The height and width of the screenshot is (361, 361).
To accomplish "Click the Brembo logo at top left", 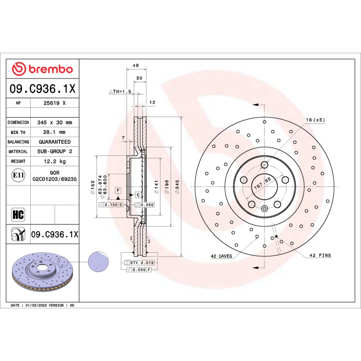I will pos(42,69).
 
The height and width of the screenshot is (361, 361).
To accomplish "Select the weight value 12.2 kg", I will pos(55,161).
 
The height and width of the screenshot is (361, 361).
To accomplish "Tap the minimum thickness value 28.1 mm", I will pos(55,132).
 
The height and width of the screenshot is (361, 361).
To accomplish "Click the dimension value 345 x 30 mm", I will pos(55,122).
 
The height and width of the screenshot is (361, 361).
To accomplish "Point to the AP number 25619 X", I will pos(55,103).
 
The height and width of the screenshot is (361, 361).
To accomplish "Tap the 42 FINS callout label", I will pos(320,255).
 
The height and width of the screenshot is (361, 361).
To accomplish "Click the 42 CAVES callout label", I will pos(221,256).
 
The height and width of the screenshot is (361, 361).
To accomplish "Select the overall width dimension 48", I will pos(135,66).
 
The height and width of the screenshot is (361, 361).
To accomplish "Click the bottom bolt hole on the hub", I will pos(264,208).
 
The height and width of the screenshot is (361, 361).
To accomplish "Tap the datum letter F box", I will pos(118,190).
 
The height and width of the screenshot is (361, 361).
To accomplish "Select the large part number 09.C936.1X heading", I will pos(42,89).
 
